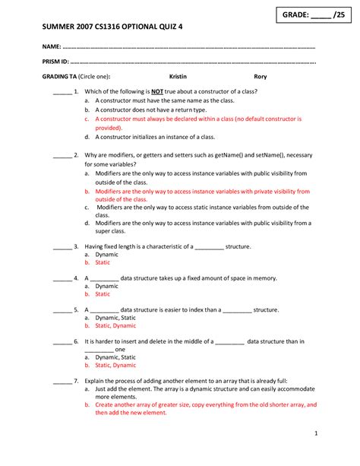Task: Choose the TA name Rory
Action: (x=260, y=76)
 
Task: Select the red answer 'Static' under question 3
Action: (x=103, y=262)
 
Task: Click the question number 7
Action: (x=77, y=379)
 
